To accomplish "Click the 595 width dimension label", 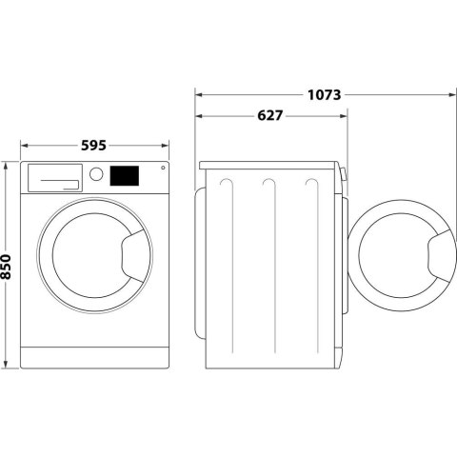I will coord(92,146).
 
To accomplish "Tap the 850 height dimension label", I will coord(8,266).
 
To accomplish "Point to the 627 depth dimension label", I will coord(270,115).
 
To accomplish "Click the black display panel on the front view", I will coord(125,176).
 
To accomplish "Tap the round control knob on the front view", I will coord(96,175).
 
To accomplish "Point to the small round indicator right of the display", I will coord(162,169).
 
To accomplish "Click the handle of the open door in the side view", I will coord(439,256).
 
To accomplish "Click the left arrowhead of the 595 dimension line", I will coord(24,146).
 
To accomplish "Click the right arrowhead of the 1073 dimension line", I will coord(448,94).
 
